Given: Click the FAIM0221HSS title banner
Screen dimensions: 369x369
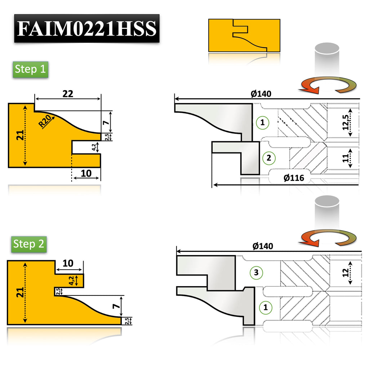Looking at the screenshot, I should click(87, 28).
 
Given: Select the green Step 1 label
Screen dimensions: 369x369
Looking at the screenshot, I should click(30, 69).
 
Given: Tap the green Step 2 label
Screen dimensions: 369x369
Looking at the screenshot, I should click(29, 244).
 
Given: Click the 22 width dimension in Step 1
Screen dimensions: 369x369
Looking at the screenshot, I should click(68, 94).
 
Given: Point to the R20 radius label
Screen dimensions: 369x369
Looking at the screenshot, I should click(45, 121).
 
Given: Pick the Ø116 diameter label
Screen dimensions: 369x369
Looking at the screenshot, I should click(294, 178).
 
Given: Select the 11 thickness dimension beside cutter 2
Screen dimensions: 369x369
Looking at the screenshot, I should click(346, 158).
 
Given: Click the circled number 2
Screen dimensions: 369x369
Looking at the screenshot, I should click(269, 157).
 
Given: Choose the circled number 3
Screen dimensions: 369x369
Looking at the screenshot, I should click(256, 272).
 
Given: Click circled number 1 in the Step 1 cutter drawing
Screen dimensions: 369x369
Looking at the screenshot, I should click(262, 123).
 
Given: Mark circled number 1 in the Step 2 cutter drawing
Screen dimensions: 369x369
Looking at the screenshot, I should click(266, 308).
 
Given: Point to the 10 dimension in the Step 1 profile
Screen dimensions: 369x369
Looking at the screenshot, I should click(86, 174).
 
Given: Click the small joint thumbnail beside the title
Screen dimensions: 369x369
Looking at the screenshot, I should click(244, 35).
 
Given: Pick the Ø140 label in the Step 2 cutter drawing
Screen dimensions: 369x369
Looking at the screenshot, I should click(263, 246).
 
